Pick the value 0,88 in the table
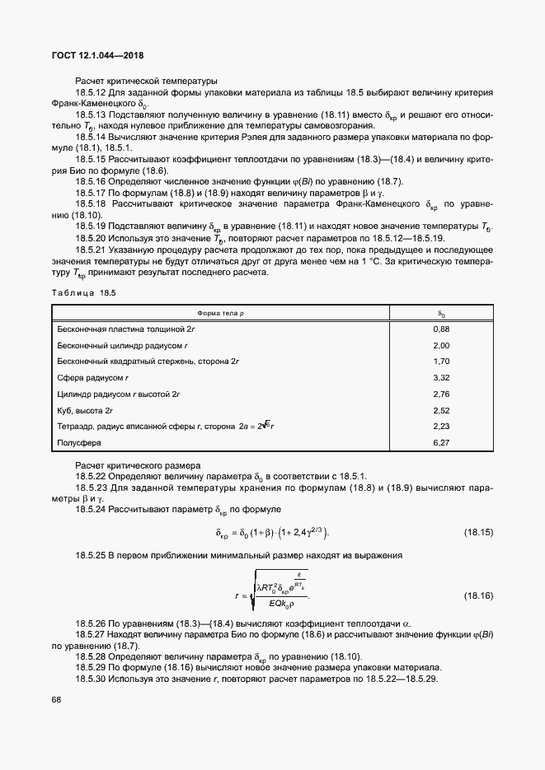point(440,329)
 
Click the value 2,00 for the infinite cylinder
point(440,345)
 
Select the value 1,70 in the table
point(440,362)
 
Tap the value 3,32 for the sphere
point(440,377)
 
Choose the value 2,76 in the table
point(440,394)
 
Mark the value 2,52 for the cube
point(440,410)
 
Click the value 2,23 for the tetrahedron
point(440,426)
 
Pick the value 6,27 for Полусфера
point(440,442)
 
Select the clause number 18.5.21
point(92,249)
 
